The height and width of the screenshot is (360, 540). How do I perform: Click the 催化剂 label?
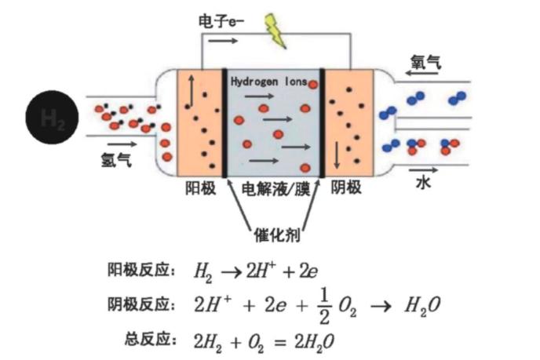pyautogui.click(x=275, y=234)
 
